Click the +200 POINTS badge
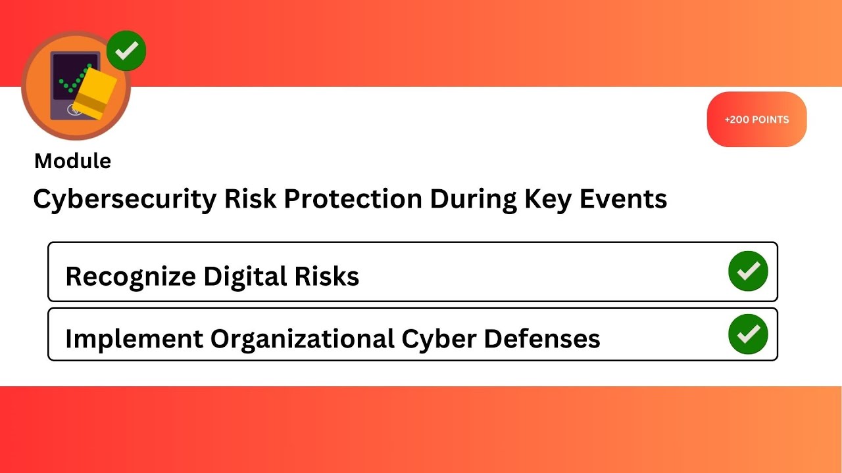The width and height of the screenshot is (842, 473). coord(756,120)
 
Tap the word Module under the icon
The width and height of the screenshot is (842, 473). coord(72,161)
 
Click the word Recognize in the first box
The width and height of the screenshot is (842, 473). coord(130,277)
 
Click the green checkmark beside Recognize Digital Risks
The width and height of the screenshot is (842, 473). coord(748,271)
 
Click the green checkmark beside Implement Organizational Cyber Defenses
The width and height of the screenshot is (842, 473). coord(748,334)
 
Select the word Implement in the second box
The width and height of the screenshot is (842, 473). coord(134,339)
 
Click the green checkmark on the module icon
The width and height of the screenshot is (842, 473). coord(126,51)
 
